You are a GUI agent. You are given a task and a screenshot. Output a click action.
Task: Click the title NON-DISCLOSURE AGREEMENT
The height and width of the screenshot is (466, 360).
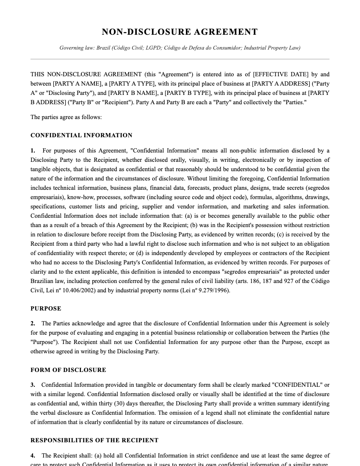tap(180, 32)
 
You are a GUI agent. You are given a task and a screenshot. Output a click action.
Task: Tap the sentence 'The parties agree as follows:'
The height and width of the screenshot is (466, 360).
tap(66, 117)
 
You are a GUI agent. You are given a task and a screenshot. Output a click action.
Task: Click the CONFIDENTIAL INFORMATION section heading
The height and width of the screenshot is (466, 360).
tap(81, 136)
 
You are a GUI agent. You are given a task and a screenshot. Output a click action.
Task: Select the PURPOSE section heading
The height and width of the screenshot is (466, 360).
tap(46, 309)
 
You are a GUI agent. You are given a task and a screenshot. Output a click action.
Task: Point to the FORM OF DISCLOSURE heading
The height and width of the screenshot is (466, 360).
tap(68, 370)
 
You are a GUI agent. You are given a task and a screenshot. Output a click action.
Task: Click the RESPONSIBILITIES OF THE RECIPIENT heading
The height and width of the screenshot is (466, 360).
tap(94, 441)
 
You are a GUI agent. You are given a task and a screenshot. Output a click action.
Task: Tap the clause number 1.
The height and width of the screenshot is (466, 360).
tap(33, 151)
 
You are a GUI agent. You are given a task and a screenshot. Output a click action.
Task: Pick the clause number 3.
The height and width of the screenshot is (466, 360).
tap(33, 385)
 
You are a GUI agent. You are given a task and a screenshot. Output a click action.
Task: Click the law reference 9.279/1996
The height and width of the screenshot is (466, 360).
tap(214, 291)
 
